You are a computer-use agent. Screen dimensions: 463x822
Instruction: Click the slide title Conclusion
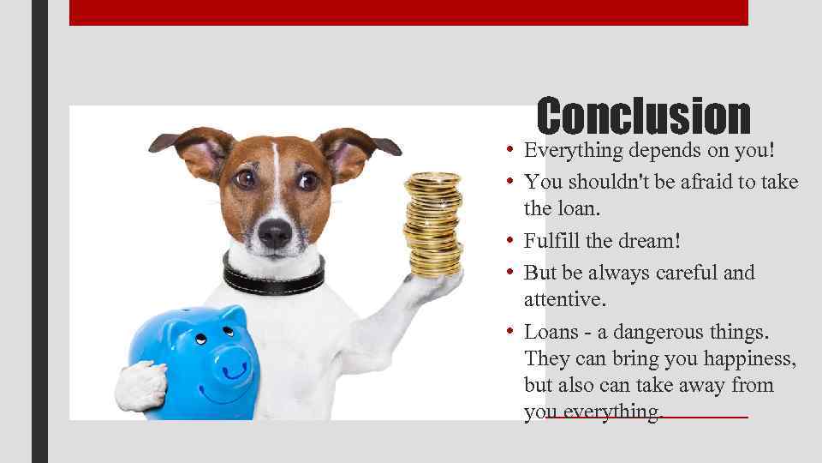(643, 117)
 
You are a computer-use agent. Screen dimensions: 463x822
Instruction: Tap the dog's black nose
(275, 231)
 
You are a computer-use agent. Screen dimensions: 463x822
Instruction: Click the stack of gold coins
(433, 225)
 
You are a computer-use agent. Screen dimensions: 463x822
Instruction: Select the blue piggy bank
(193, 360)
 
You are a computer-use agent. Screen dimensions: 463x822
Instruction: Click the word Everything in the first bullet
(575, 151)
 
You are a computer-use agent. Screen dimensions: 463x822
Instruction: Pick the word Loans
(551, 331)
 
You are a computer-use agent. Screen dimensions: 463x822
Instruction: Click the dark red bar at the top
(408, 12)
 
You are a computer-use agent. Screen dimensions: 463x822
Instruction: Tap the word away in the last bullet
(699, 386)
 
